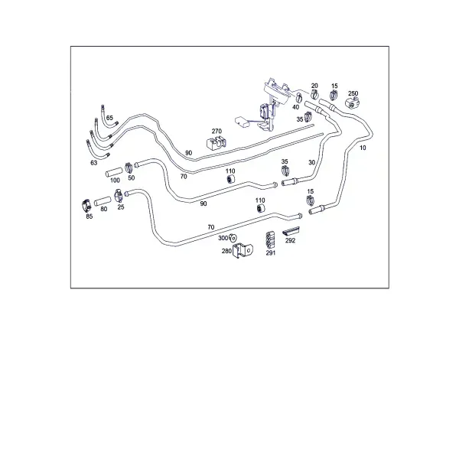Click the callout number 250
coord(353,93)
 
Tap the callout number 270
coord(216,131)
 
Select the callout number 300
coord(223,238)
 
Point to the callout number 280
coord(226,251)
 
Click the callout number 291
coord(271,252)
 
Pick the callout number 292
coord(291,240)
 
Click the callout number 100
coord(115,181)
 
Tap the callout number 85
coord(90,216)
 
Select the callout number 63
coord(93,163)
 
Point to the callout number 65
coord(109,118)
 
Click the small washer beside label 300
coord(233,238)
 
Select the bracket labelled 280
coord(243,251)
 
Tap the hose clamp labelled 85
coord(86,206)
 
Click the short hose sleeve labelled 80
coord(103,201)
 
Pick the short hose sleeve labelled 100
coord(114,172)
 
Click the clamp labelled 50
coord(129,168)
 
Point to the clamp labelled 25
coord(119,196)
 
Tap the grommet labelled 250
coord(352,103)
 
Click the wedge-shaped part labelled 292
coord(291,231)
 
